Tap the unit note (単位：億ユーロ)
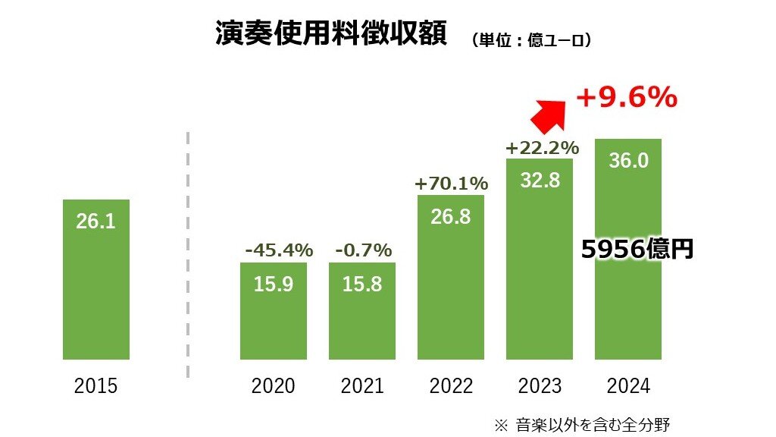[530, 40]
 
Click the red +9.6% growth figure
[626, 98]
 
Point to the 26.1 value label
[96, 221]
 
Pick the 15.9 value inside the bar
[273, 285]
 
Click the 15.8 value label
[362, 285]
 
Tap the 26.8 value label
[451, 216]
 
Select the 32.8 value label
[540, 181]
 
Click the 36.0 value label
[628, 162]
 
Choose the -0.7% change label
[362, 250]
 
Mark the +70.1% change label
[451, 183]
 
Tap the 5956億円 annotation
[637, 250]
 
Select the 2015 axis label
[96, 386]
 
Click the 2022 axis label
[451, 386]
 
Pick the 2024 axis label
[628, 386]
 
